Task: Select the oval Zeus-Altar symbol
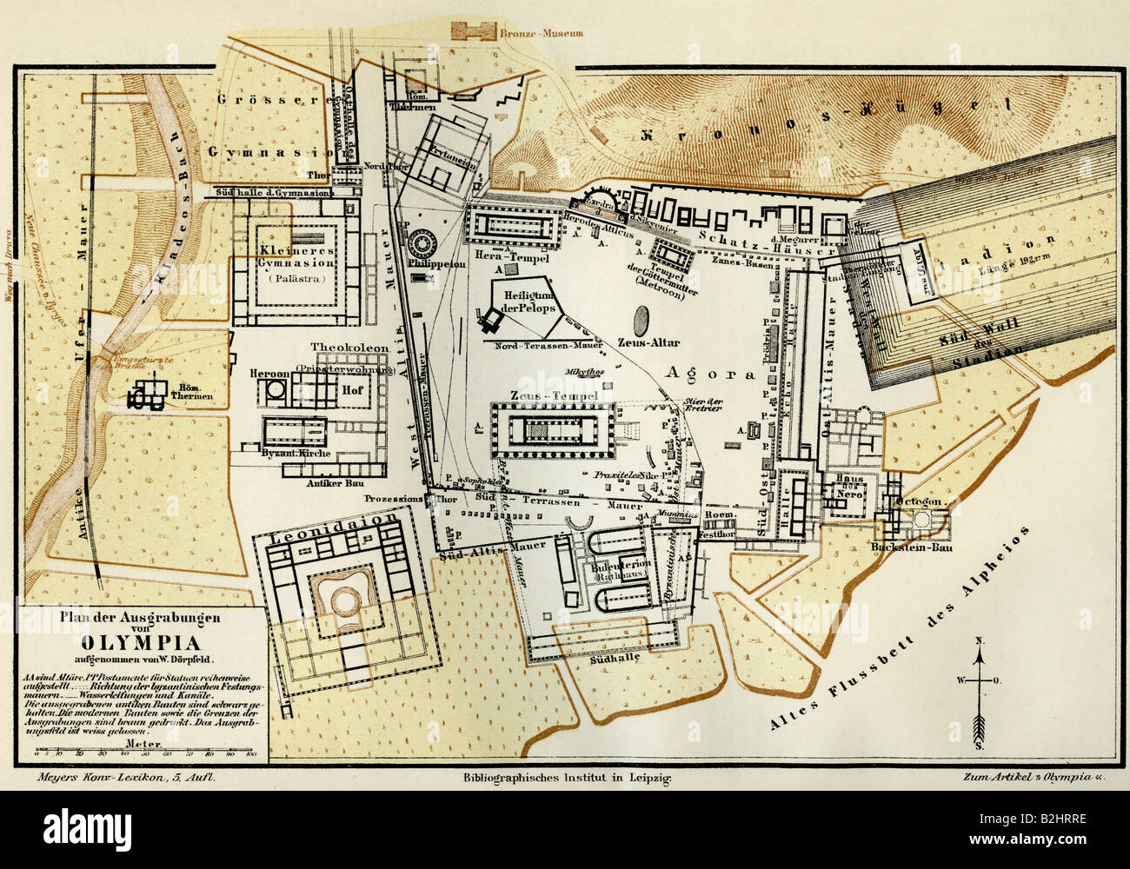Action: click(x=642, y=319)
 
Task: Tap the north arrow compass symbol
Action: click(x=980, y=686)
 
